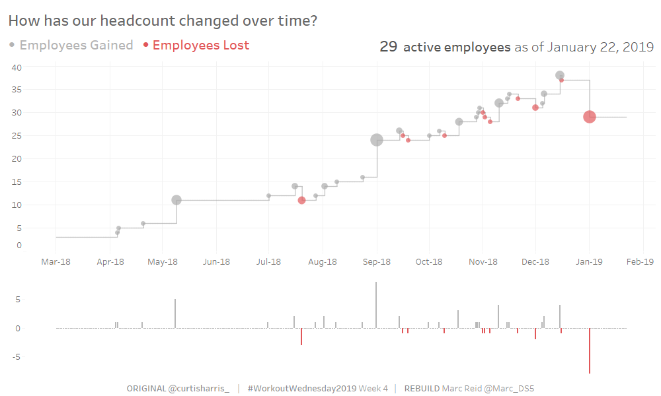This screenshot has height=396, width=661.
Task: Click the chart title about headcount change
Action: click(x=163, y=21)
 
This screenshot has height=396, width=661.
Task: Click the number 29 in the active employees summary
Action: click(x=388, y=47)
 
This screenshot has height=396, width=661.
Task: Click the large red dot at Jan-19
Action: click(x=590, y=117)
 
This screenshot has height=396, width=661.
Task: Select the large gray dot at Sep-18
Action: click(x=377, y=140)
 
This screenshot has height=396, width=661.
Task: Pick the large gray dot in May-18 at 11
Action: click(x=176, y=200)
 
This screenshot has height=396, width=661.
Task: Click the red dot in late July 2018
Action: click(x=301, y=200)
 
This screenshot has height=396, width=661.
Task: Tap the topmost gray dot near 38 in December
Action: click(x=560, y=75)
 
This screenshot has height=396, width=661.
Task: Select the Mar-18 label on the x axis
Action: click(x=56, y=262)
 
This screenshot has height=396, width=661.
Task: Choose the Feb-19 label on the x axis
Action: click(x=640, y=262)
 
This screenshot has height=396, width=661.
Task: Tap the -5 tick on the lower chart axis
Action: click(x=18, y=357)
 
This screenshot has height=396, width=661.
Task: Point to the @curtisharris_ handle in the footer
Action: click(x=199, y=388)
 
